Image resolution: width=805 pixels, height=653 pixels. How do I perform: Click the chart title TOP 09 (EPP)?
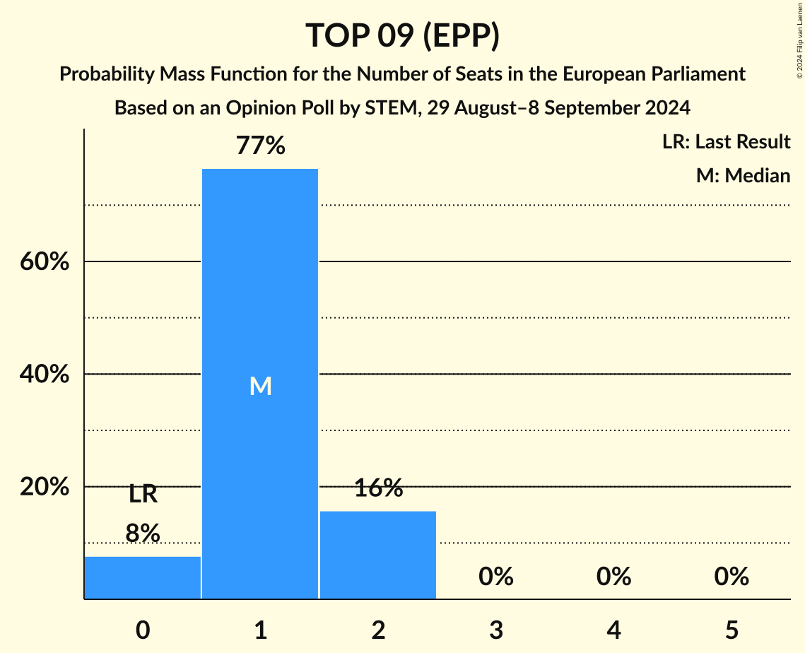tap(402, 35)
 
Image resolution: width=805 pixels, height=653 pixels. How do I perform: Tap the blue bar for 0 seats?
tap(143, 577)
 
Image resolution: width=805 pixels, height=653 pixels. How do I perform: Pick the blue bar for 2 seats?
tap(378, 555)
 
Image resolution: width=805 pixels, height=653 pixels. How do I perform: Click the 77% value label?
tap(260, 146)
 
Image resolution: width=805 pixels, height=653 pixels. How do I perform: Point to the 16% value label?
tap(378, 488)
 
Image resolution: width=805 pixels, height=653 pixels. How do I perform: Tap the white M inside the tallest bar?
tap(260, 386)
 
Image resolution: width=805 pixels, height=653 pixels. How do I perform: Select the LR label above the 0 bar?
tap(143, 495)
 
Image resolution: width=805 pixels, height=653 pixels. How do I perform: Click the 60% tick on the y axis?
tap(44, 262)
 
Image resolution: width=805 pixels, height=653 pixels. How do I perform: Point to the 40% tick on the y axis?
tap(44, 375)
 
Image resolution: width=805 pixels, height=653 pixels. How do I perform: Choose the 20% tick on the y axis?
tap(44, 488)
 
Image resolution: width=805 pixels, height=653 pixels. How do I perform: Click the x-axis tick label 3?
tap(495, 630)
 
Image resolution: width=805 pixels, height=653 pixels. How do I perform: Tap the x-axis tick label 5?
tap(731, 630)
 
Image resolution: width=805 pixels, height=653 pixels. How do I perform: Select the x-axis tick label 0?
tap(143, 630)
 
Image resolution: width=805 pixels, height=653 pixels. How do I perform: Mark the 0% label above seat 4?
tap(613, 577)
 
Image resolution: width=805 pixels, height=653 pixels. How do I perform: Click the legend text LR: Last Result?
tap(726, 142)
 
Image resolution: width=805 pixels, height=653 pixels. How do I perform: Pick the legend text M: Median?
tap(743, 175)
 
